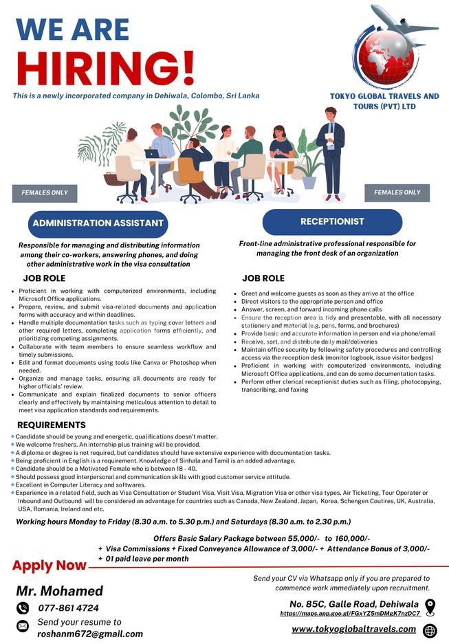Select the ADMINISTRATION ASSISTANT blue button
[98, 223]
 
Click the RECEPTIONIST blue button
[332, 222]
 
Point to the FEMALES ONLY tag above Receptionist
[397, 192]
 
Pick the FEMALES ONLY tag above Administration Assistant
[45, 193]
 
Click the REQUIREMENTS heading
[52, 425]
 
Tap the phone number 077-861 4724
[69, 608]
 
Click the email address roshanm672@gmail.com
[90, 634]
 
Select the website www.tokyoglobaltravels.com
[353, 629]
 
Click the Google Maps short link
[350, 613]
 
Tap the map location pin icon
[430, 607]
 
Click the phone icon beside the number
[23, 608]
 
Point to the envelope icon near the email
[23, 626]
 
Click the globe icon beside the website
[430, 630]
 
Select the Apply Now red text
[50, 566]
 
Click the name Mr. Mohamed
[60, 591]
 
